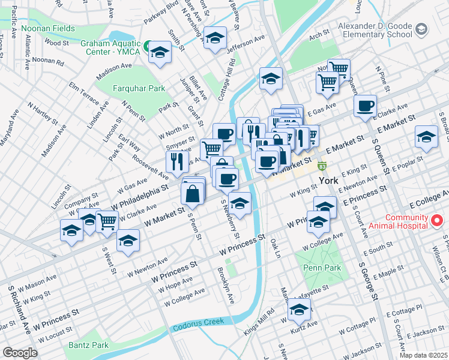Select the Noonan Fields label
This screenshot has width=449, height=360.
point(47,28)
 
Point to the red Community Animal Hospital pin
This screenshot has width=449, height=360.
point(438,221)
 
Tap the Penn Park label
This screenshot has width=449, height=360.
point(321,268)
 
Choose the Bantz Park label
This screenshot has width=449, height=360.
point(88,345)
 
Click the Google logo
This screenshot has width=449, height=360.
point(20,352)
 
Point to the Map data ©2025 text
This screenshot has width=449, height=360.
point(423,355)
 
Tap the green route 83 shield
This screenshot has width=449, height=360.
point(322,165)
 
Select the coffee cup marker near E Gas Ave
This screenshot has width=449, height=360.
point(365,106)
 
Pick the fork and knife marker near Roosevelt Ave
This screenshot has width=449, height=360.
point(177,160)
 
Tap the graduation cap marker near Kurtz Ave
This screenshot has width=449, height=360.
point(299,310)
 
